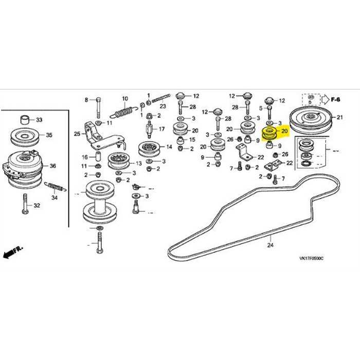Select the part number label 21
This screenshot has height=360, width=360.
(339, 117)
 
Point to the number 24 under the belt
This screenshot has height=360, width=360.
(270, 246)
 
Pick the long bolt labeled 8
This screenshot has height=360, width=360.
(97, 109)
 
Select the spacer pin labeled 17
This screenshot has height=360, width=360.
(148, 128)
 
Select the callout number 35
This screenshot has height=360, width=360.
(49, 136)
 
